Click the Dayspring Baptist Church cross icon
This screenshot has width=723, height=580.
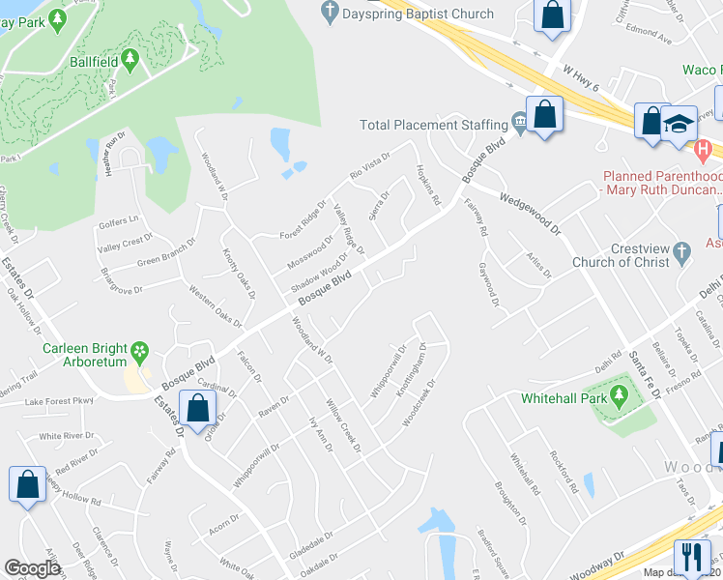click(x=330, y=14)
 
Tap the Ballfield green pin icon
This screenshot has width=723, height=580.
click(x=130, y=61)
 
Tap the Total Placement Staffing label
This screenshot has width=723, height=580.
click(x=433, y=125)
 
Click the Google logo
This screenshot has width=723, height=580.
click(x=32, y=568)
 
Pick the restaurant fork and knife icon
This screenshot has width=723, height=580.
click(x=690, y=558)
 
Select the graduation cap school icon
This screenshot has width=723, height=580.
click(x=680, y=122)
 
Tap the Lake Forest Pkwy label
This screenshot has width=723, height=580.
click(x=59, y=400)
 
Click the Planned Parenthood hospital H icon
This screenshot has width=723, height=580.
click(x=704, y=150)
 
